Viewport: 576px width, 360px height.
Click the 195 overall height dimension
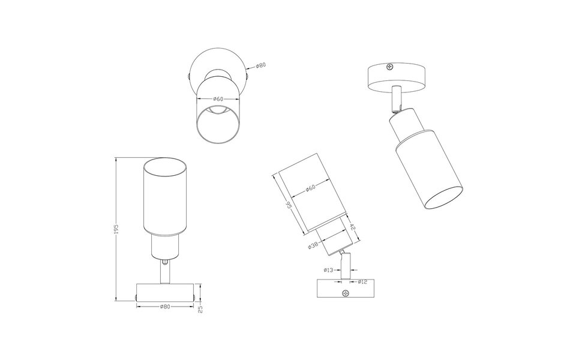[118, 229]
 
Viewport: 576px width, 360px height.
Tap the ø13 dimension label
[328, 271]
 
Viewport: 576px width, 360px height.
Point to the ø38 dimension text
[313, 245]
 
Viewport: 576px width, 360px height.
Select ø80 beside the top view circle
[260, 65]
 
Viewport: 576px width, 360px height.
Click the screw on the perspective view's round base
[391, 67]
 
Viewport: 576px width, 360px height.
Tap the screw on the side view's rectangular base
[344, 293]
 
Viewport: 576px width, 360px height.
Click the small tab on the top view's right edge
[247, 76]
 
